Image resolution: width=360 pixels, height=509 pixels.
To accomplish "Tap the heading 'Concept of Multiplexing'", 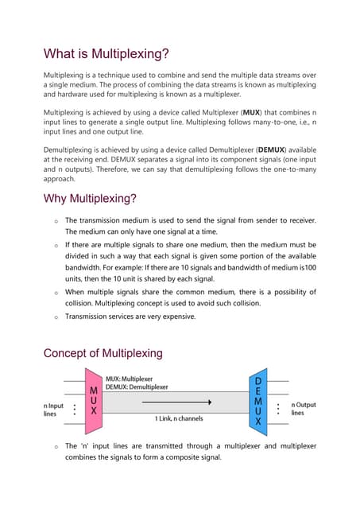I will pyautogui.click(x=103, y=353).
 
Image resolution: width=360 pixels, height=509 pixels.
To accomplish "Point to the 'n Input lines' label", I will pyautogui.click(x=55, y=409).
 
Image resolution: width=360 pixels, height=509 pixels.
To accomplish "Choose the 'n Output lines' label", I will pyautogui.click(x=303, y=409).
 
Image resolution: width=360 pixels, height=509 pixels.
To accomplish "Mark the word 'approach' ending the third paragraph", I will pyautogui.click(x=64, y=179).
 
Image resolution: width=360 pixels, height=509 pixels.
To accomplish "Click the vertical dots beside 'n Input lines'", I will pyautogui.click(x=75, y=410).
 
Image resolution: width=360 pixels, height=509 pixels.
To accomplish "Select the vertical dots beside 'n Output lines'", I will pyautogui.click(x=280, y=410).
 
